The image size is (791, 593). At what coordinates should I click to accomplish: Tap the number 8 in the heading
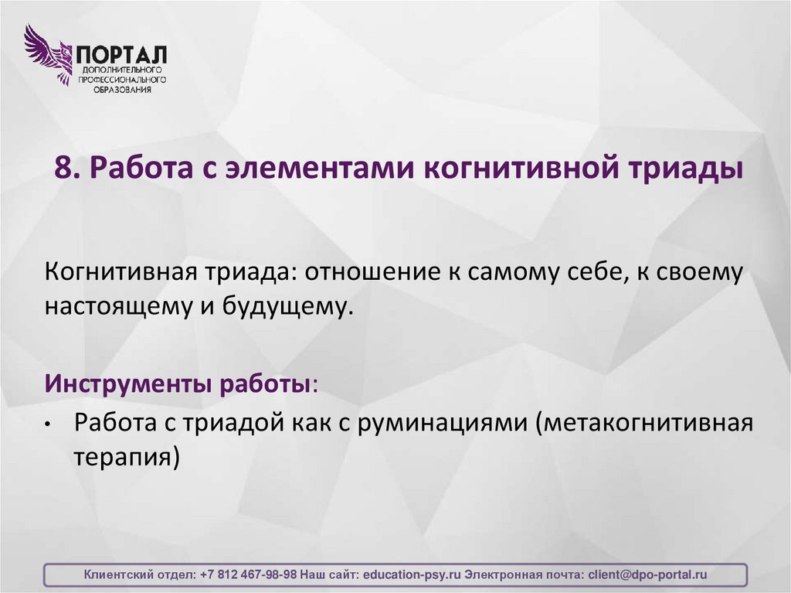pos(63,168)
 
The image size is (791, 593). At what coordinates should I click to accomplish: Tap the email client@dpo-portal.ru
pos(647,575)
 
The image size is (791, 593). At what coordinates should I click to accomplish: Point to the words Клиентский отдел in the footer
pos(139,575)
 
